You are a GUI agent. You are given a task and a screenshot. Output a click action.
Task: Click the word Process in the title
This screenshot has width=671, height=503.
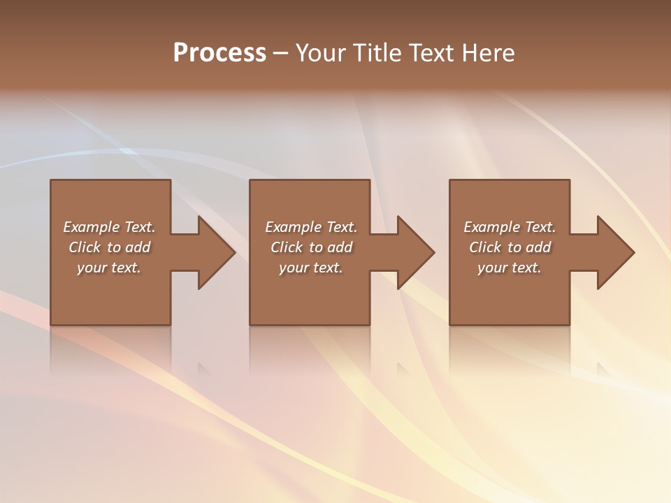(x=219, y=53)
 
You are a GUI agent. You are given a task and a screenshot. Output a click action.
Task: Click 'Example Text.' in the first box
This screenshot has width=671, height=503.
(x=110, y=227)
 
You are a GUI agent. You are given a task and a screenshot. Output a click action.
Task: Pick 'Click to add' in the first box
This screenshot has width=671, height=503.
(x=110, y=247)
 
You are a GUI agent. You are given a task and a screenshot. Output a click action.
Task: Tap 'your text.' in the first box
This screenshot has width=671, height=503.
(x=110, y=268)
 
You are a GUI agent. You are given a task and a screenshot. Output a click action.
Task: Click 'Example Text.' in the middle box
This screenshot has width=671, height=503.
(x=311, y=227)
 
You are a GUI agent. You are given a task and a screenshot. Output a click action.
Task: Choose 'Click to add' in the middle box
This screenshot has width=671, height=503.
(x=311, y=247)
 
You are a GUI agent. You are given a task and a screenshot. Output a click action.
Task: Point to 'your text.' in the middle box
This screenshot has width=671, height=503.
(x=311, y=268)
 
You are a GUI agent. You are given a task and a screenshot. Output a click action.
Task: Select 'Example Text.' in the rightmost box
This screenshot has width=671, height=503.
(x=510, y=227)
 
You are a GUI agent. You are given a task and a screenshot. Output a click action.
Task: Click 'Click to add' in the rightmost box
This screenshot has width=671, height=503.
(x=510, y=247)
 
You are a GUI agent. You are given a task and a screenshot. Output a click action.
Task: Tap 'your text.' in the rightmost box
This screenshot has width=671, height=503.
(x=510, y=268)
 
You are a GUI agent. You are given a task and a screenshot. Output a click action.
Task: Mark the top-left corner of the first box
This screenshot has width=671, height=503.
(x=51, y=181)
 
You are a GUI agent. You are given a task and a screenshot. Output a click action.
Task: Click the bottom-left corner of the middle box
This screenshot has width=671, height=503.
(x=251, y=324)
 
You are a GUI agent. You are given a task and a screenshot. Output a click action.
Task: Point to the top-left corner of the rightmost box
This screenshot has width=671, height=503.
(x=450, y=181)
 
